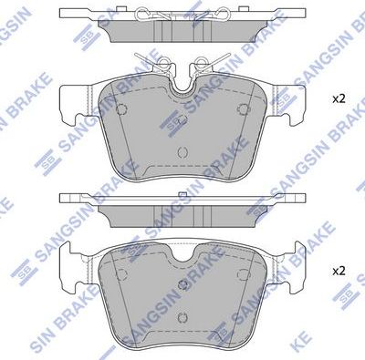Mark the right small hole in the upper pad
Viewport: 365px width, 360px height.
tap(243, 108)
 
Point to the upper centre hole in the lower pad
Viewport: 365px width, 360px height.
tap(182, 284)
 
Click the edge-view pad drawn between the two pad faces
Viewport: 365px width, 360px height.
tap(182, 209)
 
